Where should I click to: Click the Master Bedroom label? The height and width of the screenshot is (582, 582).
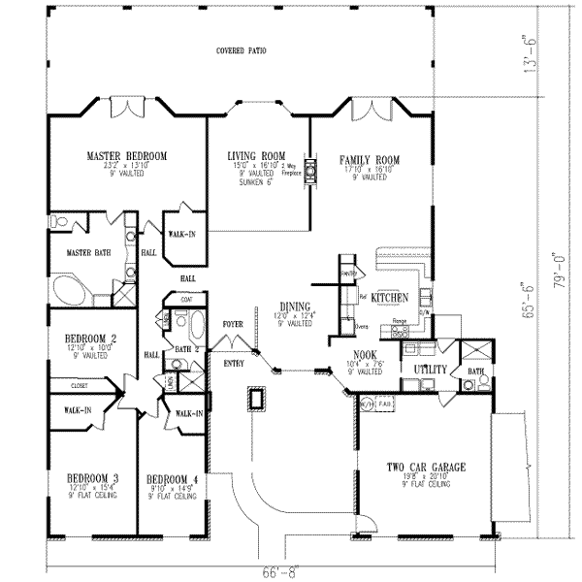tap(126, 155)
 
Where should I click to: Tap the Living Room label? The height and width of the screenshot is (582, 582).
tap(256, 155)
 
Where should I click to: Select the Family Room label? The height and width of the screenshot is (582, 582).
tap(369, 158)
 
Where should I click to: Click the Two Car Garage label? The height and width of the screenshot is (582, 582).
tap(425, 468)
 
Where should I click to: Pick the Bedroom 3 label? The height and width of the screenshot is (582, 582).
tap(91, 479)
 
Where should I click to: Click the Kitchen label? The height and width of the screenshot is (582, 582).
tap(389, 298)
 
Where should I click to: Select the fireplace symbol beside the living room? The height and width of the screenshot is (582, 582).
tap(311, 172)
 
